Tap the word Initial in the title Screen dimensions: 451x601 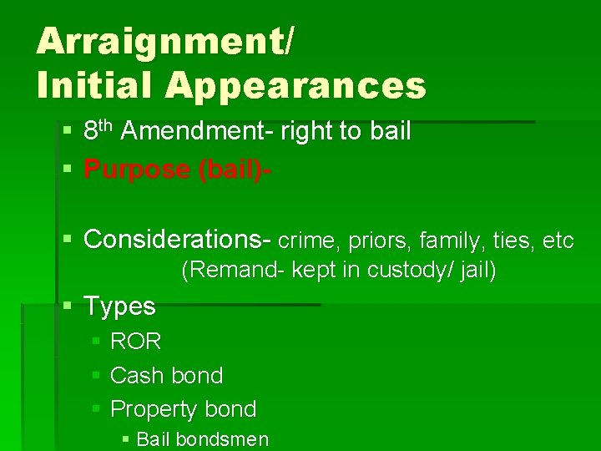pos(93,85)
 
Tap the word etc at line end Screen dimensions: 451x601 pos(558,241)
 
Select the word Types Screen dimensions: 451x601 pos(119,307)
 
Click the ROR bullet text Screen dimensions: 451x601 pos(136,342)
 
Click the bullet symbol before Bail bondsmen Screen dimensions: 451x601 pos(125,439)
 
